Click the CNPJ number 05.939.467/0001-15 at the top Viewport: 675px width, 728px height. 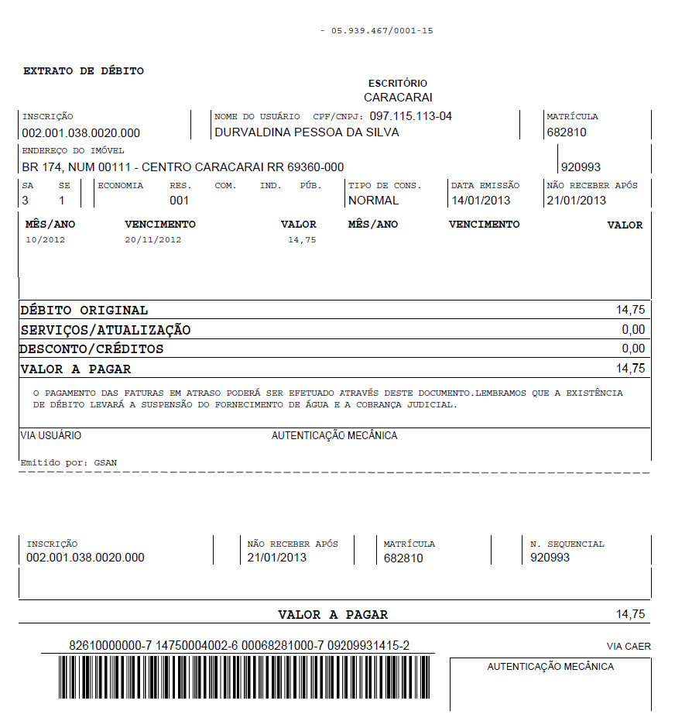tap(382, 30)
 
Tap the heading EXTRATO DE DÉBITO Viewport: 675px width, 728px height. tap(84, 71)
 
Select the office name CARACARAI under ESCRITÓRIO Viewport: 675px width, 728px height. tap(398, 98)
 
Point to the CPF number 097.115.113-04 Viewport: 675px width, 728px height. tap(410, 116)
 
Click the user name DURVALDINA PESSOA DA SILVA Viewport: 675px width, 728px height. tap(307, 132)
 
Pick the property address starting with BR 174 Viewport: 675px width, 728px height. tap(183, 167)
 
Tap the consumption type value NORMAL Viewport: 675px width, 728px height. tap(374, 201)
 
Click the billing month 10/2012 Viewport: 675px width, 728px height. tap(46, 240)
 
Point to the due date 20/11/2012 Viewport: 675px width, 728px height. tap(153, 240)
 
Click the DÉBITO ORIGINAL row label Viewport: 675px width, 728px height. tap(84, 311)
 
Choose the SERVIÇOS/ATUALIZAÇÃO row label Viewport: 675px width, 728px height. tap(105, 330)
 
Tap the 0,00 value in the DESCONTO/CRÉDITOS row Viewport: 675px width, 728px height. tap(633, 349)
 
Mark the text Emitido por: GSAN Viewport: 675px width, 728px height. tap(68, 463)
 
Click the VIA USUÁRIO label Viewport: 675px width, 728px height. tap(50, 436)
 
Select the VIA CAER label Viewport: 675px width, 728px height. tap(629, 647)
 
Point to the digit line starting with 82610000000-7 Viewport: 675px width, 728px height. tap(239, 646)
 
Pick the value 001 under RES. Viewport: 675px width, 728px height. tap(180, 201)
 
